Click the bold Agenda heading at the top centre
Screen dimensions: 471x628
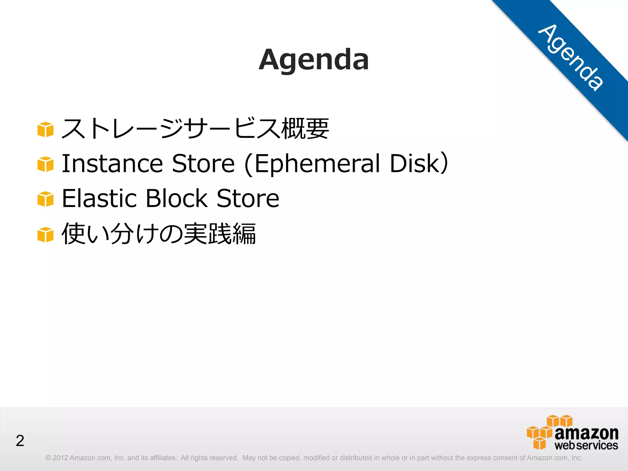click(313, 59)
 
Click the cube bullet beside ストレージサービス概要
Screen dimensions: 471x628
click(45, 129)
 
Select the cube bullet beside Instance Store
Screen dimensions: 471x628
click(45, 164)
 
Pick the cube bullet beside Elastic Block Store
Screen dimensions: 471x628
click(45, 199)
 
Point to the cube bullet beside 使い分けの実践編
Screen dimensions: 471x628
click(45, 235)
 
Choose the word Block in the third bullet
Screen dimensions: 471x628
click(177, 198)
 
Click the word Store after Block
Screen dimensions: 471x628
click(248, 198)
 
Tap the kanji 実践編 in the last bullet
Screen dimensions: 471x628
click(220, 234)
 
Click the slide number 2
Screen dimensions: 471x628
click(20, 441)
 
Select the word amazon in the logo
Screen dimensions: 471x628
click(586, 433)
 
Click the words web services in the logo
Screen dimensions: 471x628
click(586, 445)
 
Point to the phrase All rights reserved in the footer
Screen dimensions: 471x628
click(209, 458)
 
